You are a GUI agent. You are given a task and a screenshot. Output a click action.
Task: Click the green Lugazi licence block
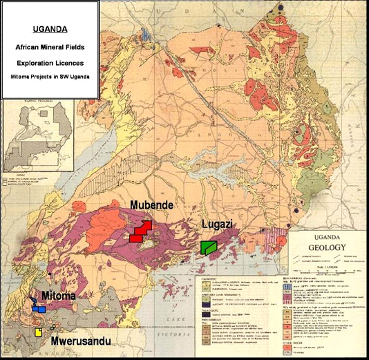pyautogui.click(x=208, y=247)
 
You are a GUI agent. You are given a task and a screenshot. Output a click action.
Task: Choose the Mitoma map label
pyautogui.click(x=60, y=296)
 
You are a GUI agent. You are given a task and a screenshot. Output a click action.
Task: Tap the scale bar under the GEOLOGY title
pyautogui.click(x=324, y=265)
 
